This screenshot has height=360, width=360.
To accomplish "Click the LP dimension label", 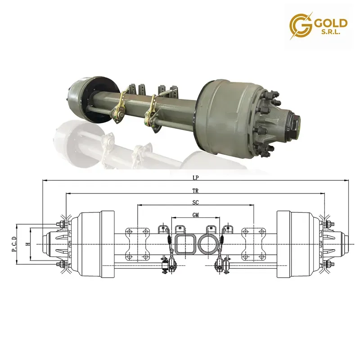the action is (195, 178).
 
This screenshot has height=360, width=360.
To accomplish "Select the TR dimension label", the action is (195, 190).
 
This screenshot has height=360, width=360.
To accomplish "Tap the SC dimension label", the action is (195, 202).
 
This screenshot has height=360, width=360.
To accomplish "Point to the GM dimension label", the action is (196, 215).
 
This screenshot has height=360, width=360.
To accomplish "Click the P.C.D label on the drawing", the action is (14, 244).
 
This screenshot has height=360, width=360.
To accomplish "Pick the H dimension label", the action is (28, 244).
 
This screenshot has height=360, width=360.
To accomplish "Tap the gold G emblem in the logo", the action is (301, 26).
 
